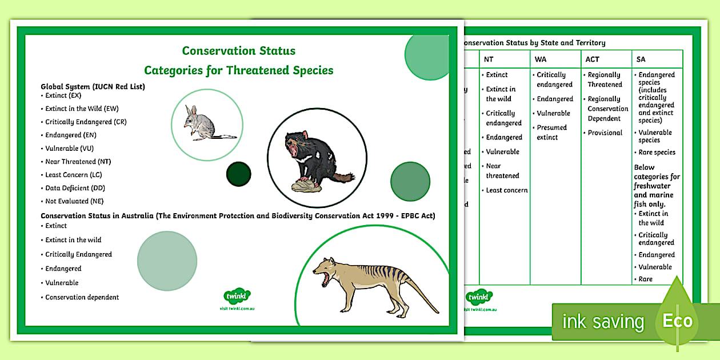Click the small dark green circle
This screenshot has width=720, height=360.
239,174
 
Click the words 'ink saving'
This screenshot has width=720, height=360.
603,322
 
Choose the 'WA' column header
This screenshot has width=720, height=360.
541,59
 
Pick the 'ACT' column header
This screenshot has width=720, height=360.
593,59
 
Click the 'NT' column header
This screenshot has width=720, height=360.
489,59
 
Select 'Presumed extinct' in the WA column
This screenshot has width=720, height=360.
551,133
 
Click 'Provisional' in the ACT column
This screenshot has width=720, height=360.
605,133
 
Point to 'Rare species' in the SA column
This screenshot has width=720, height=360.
657,153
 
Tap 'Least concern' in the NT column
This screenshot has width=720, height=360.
506,190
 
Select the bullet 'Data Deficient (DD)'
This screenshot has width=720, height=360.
75,188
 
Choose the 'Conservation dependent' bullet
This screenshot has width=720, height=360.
82,297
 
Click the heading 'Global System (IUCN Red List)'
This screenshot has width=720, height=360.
93,86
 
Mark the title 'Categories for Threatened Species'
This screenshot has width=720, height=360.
238,70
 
